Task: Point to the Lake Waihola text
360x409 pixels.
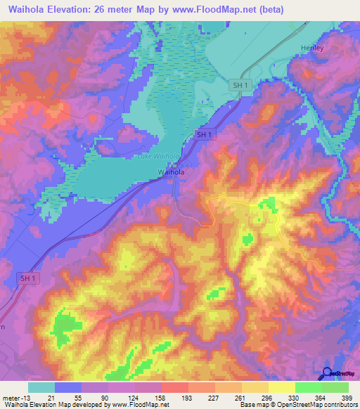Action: tap(157, 157)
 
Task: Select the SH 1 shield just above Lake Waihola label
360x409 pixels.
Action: tap(204, 134)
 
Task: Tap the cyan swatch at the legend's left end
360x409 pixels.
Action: tap(41, 387)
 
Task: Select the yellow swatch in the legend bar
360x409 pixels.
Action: tap(282, 387)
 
